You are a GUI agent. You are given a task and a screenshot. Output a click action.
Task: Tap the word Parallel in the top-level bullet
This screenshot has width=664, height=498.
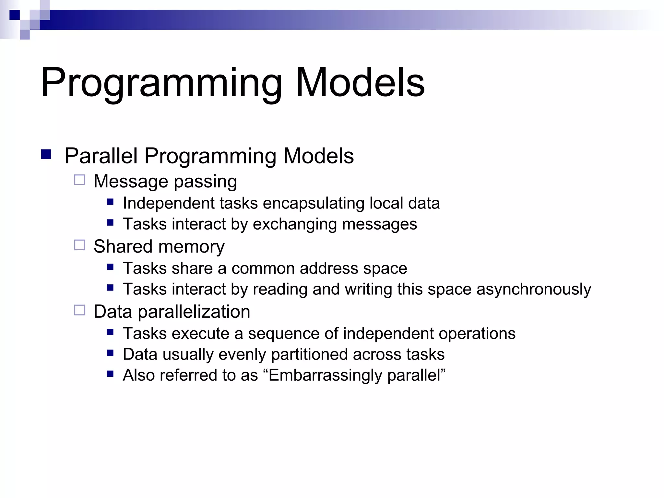pos(101,156)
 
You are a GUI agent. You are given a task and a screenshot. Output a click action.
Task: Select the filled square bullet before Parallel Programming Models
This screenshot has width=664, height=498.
pos(46,154)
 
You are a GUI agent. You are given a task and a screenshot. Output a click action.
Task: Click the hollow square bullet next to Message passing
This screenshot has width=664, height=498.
pos(79,180)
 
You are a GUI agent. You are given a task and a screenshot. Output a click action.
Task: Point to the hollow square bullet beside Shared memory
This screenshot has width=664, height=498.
pos(79,245)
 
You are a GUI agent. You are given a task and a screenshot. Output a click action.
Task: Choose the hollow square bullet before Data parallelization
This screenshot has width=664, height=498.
pos(79,310)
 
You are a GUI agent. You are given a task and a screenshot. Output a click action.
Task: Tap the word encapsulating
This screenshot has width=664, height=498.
pos(313,204)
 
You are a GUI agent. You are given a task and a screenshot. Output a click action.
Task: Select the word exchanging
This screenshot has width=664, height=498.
pos(294,224)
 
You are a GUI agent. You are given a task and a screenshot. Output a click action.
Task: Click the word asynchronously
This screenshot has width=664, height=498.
pos(534,289)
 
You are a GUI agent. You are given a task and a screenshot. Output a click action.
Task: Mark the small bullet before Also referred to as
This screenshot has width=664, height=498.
pos(110,374)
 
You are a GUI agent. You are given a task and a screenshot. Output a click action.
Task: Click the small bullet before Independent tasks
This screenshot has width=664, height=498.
pos(110,202)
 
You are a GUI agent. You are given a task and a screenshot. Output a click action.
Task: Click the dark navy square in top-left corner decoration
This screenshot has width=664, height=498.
pos(15,15)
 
